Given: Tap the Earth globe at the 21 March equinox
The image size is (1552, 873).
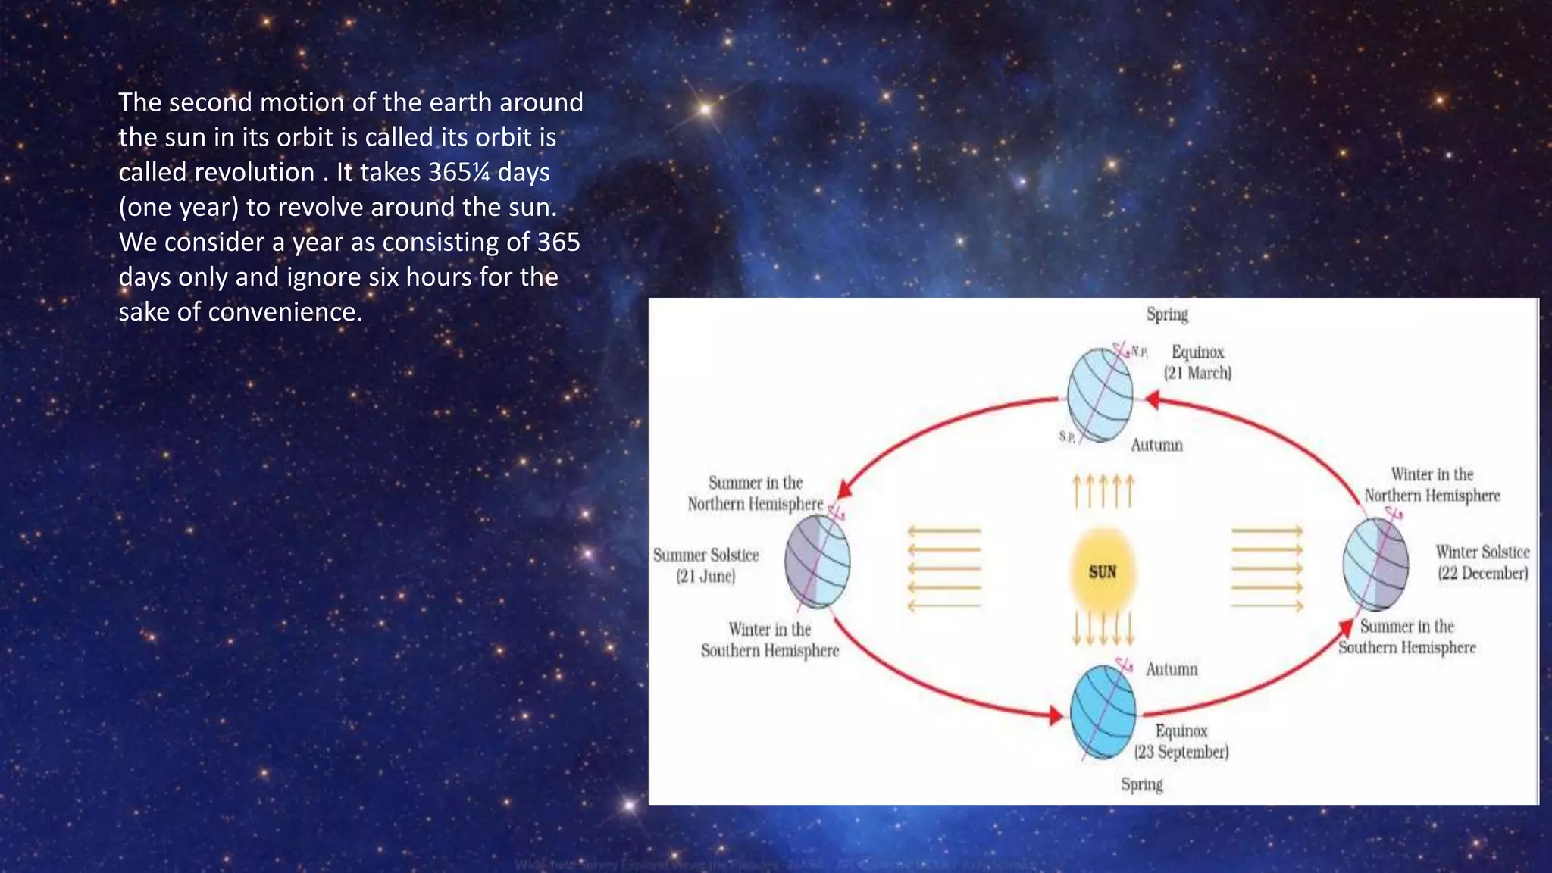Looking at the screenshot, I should (1100, 395).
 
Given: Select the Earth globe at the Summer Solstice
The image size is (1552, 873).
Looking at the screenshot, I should (817, 562).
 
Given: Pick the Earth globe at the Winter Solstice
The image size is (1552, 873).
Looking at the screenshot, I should (1375, 564).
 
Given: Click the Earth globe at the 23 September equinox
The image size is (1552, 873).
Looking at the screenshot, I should (1103, 712).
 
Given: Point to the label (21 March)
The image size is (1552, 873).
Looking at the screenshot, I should (1197, 373).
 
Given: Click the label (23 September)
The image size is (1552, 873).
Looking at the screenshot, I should (1181, 752).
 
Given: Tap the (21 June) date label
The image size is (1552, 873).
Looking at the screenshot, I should (706, 576).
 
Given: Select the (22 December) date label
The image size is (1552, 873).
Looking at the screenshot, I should (1482, 573).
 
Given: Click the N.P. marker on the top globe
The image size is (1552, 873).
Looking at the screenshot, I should (1139, 352).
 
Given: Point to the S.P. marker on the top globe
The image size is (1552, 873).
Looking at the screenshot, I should (1066, 436).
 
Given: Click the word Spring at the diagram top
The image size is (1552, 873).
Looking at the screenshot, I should (1167, 314).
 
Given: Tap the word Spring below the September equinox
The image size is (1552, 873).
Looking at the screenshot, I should (1142, 784).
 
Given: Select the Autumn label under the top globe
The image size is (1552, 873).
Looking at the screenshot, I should (1156, 445).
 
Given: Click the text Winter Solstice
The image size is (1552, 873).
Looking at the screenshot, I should (1482, 552).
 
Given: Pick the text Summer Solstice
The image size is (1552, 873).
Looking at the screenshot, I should (706, 555).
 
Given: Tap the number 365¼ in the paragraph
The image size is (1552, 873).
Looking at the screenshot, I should (459, 172).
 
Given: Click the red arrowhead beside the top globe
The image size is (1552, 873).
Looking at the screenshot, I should (1151, 399).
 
